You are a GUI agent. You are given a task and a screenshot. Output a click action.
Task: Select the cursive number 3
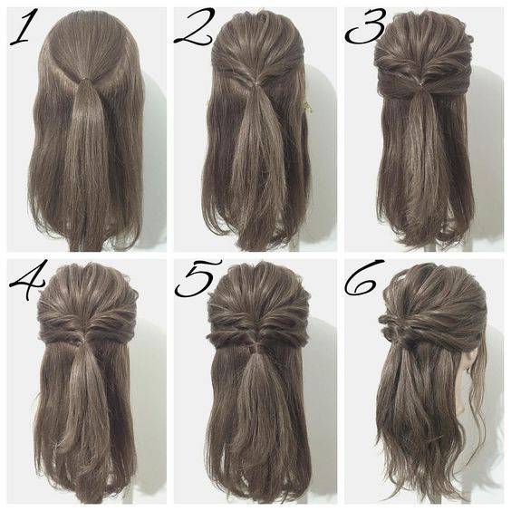[x=366, y=26]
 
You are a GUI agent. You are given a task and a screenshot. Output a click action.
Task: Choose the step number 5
[x=198, y=279]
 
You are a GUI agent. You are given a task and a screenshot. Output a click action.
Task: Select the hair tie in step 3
[x=421, y=85]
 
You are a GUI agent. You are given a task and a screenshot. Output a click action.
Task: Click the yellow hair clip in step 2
[x=306, y=107]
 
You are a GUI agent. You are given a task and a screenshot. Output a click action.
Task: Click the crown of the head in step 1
[x=85, y=26]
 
